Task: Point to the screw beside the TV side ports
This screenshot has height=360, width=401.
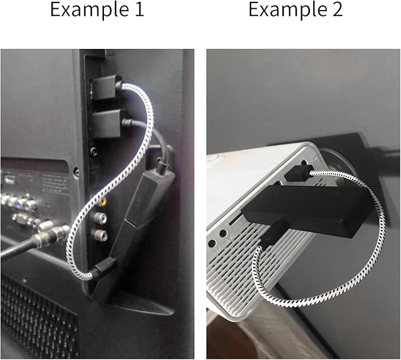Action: point(76,172)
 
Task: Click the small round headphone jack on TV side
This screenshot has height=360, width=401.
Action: point(93,152)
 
